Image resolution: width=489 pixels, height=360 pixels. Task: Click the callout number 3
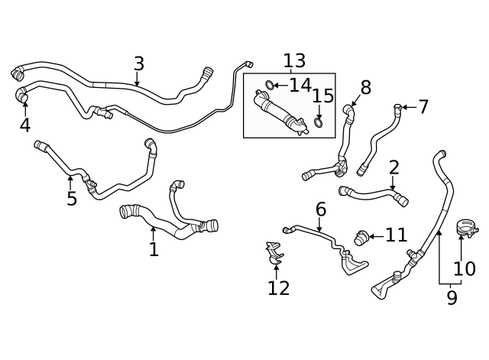(138, 63)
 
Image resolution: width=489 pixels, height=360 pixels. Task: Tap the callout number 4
(24, 125)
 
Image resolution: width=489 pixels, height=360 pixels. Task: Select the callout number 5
(71, 199)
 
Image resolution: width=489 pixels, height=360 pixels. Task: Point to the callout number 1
(154, 249)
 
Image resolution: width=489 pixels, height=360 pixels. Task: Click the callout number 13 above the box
(294, 60)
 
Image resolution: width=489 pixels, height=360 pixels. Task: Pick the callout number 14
(300, 86)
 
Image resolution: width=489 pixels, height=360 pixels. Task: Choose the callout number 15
(323, 96)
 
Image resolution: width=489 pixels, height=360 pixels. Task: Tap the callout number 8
(365, 88)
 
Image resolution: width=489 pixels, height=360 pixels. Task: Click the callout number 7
(423, 107)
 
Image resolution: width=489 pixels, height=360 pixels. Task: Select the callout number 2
(393, 167)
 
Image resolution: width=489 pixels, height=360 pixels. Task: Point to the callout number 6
(321, 209)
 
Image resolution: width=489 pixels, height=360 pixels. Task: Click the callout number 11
(396, 235)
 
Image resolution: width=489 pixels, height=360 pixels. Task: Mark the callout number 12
(279, 287)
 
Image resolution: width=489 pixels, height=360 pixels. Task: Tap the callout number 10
(465, 268)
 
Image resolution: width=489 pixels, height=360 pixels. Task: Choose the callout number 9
(452, 297)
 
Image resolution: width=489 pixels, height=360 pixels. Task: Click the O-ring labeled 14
(270, 85)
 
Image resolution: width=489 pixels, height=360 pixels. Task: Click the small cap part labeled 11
(361, 237)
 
